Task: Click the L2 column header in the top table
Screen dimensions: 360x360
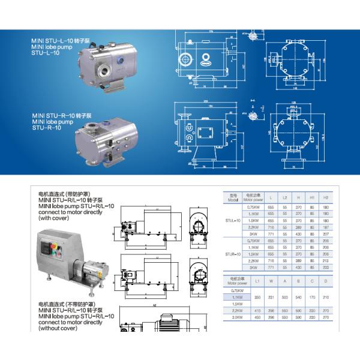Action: (286, 197)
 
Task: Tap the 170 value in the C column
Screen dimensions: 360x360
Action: (311, 296)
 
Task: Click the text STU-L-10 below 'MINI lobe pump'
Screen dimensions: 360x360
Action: (44, 53)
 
